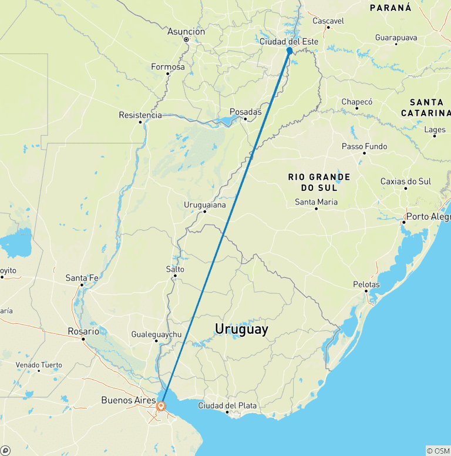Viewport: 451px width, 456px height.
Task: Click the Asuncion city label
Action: coord(186,31)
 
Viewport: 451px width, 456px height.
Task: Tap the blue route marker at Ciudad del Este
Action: coord(290,51)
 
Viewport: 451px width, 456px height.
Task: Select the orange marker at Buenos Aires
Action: coord(161,405)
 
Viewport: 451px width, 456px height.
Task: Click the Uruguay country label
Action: coord(241,329)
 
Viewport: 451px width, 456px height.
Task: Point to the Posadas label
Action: coord(245,111)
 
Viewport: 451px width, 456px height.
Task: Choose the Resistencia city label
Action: coord(140,115)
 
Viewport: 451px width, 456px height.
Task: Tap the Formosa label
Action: coord(168,66)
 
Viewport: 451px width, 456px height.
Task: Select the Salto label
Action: coord(175,269)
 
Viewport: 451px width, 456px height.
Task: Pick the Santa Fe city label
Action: coord(82,277)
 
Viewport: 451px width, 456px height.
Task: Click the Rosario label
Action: coord(83,331)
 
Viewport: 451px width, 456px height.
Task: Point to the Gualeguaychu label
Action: coord(156,334)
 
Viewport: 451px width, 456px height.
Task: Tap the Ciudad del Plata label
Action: coord(227,405)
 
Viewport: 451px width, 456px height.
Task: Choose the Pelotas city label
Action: coord(366,284)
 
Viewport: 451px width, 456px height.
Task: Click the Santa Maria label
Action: coord(316,202)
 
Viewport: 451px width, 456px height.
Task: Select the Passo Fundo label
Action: coord(365,146)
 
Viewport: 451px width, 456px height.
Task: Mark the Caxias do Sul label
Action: coord(406,181)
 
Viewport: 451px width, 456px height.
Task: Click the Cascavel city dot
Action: coord(328,27)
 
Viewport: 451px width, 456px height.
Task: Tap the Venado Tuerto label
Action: coord(39,365)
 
